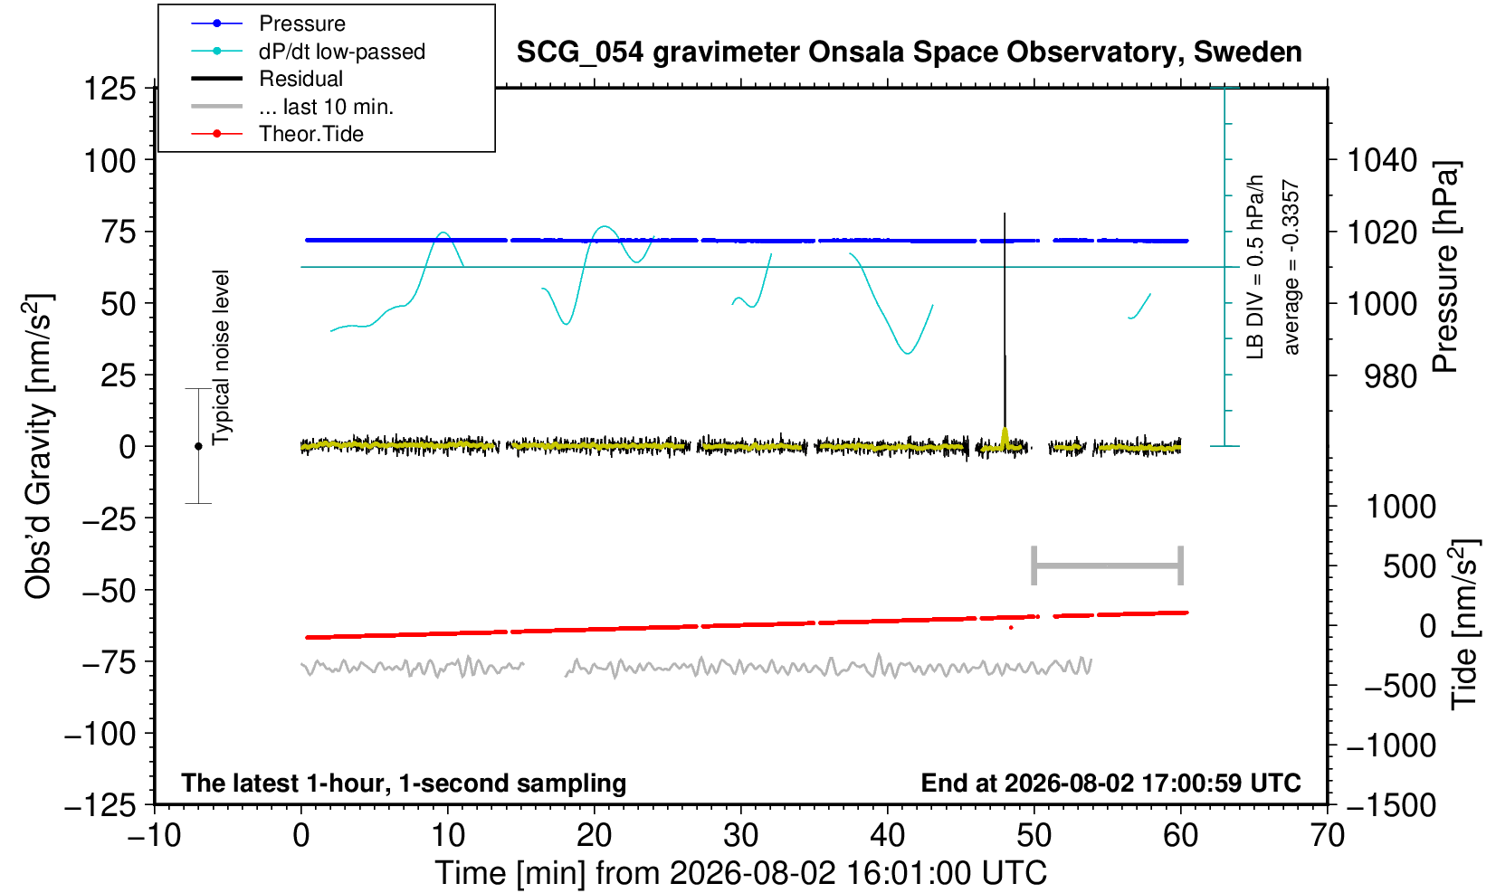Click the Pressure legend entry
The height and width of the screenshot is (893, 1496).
(x=269, y=24)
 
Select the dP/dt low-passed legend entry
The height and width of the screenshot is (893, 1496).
(x=308, y=52)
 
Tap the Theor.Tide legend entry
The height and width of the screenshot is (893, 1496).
(x=277, y=134)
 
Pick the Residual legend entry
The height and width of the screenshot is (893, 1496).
(x=267, y=79)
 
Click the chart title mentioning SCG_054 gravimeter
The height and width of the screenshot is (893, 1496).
(x=909, y=52)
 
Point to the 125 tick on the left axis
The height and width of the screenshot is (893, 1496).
(x=110, y=89)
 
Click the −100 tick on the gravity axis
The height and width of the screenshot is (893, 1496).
(x=100, y=734)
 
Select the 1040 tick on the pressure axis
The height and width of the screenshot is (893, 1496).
(x=1382, y=160)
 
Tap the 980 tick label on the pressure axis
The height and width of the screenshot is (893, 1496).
(x=1390, y=376)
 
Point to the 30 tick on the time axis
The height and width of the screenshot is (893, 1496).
(x=740, y=836)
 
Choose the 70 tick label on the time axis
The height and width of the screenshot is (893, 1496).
(x=1327, y=836)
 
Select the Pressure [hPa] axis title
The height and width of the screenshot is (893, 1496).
(x=1446, y=267)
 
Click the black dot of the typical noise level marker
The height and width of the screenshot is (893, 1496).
(x=198, y=446)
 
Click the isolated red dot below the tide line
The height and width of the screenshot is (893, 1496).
(x=1011, y=628)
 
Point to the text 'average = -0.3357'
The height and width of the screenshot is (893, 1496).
(x=1291, y=267)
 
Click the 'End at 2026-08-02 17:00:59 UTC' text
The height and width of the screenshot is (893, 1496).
(x=1110, y=783)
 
